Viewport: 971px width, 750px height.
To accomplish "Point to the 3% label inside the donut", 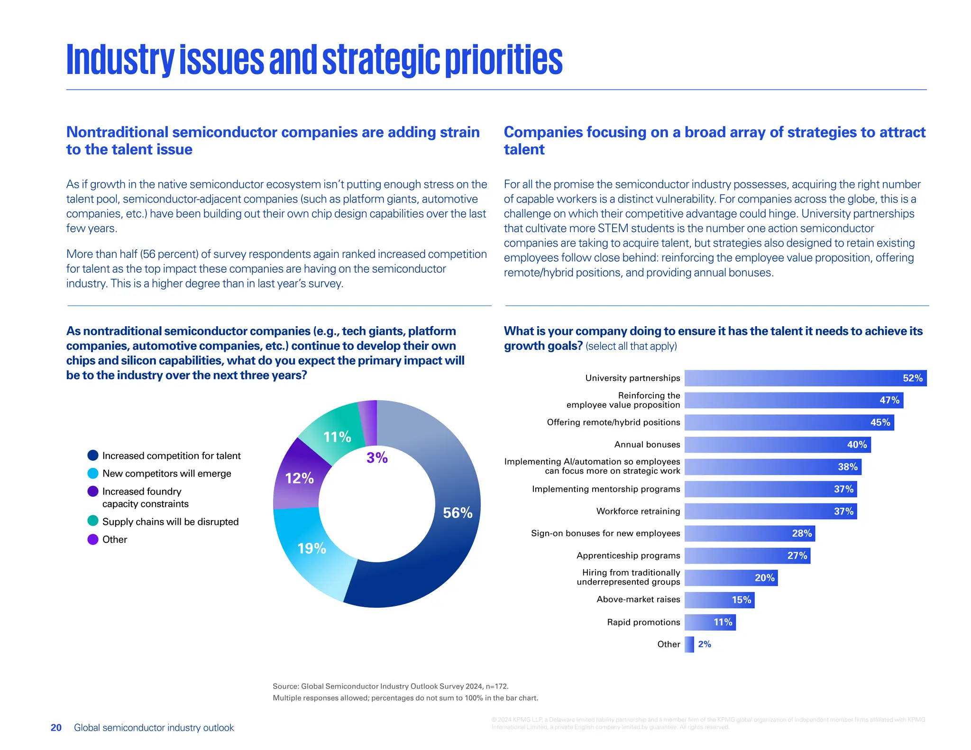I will pos(377,457).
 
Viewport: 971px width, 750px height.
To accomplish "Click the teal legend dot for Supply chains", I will pos(93,521).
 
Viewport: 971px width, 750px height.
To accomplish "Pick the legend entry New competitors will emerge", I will pos(166,474).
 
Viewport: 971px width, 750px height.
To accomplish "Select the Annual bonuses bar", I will pos(778,445).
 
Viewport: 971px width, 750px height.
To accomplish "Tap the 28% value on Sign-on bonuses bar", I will pos(802,533).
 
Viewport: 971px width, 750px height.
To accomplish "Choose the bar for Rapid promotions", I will pos(710,622).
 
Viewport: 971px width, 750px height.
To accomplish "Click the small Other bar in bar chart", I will pos(689,644).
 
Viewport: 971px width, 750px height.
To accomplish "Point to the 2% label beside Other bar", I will pos(705,644).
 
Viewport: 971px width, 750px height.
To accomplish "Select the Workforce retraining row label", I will pos(638,511).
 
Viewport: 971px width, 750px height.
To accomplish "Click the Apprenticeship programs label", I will pos(628,556).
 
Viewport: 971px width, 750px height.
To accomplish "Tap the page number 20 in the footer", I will pos(56,728).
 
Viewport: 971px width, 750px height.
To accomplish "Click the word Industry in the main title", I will pos(120,60).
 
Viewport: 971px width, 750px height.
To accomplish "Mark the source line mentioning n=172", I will pos(390,686).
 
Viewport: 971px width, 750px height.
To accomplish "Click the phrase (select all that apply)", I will pos(631,346).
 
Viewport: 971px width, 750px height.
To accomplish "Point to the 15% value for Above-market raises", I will pos(741,600).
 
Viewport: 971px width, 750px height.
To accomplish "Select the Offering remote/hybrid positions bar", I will pos(789,422).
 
